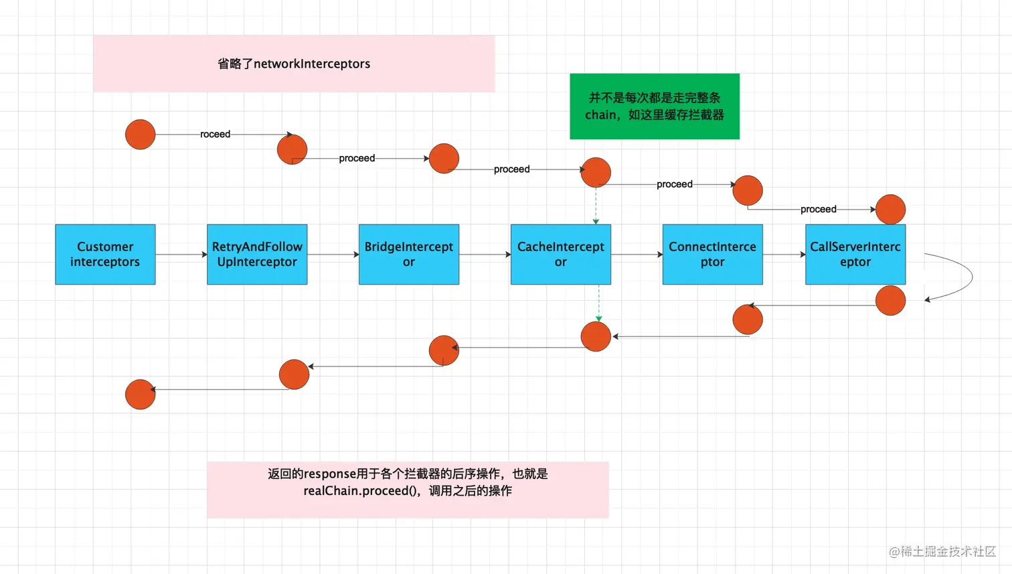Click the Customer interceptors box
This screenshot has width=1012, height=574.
click(105, 255)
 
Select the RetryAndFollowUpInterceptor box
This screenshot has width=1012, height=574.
click(257, 255)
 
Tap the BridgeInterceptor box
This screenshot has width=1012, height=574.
click(409, 255)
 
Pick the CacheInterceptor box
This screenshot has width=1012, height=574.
click(561, 255)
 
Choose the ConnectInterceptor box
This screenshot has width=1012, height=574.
click(712, 255)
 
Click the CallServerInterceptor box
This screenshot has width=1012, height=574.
click(855, 255)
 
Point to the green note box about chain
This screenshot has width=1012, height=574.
click(655, 106)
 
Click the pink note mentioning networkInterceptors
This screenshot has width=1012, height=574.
click(294, 64)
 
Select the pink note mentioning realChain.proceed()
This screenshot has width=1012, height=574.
click(408, 489)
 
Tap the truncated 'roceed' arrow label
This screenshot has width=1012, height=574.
click(215, 134)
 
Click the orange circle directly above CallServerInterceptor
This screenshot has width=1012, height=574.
click(890, 210)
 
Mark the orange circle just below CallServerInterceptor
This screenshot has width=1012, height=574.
click(890, 301)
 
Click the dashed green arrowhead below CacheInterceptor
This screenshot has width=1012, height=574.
click(599, 318)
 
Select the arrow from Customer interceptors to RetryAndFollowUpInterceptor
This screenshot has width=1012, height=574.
click(181, 255)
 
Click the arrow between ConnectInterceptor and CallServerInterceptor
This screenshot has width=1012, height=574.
click(784, 255)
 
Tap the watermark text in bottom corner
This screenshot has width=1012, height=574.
click(942, 551)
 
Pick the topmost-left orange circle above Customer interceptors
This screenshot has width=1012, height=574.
click(141, 135)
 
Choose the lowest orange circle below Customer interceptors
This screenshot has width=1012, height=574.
click(141, 394)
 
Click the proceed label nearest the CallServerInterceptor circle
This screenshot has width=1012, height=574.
click(818, 209)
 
